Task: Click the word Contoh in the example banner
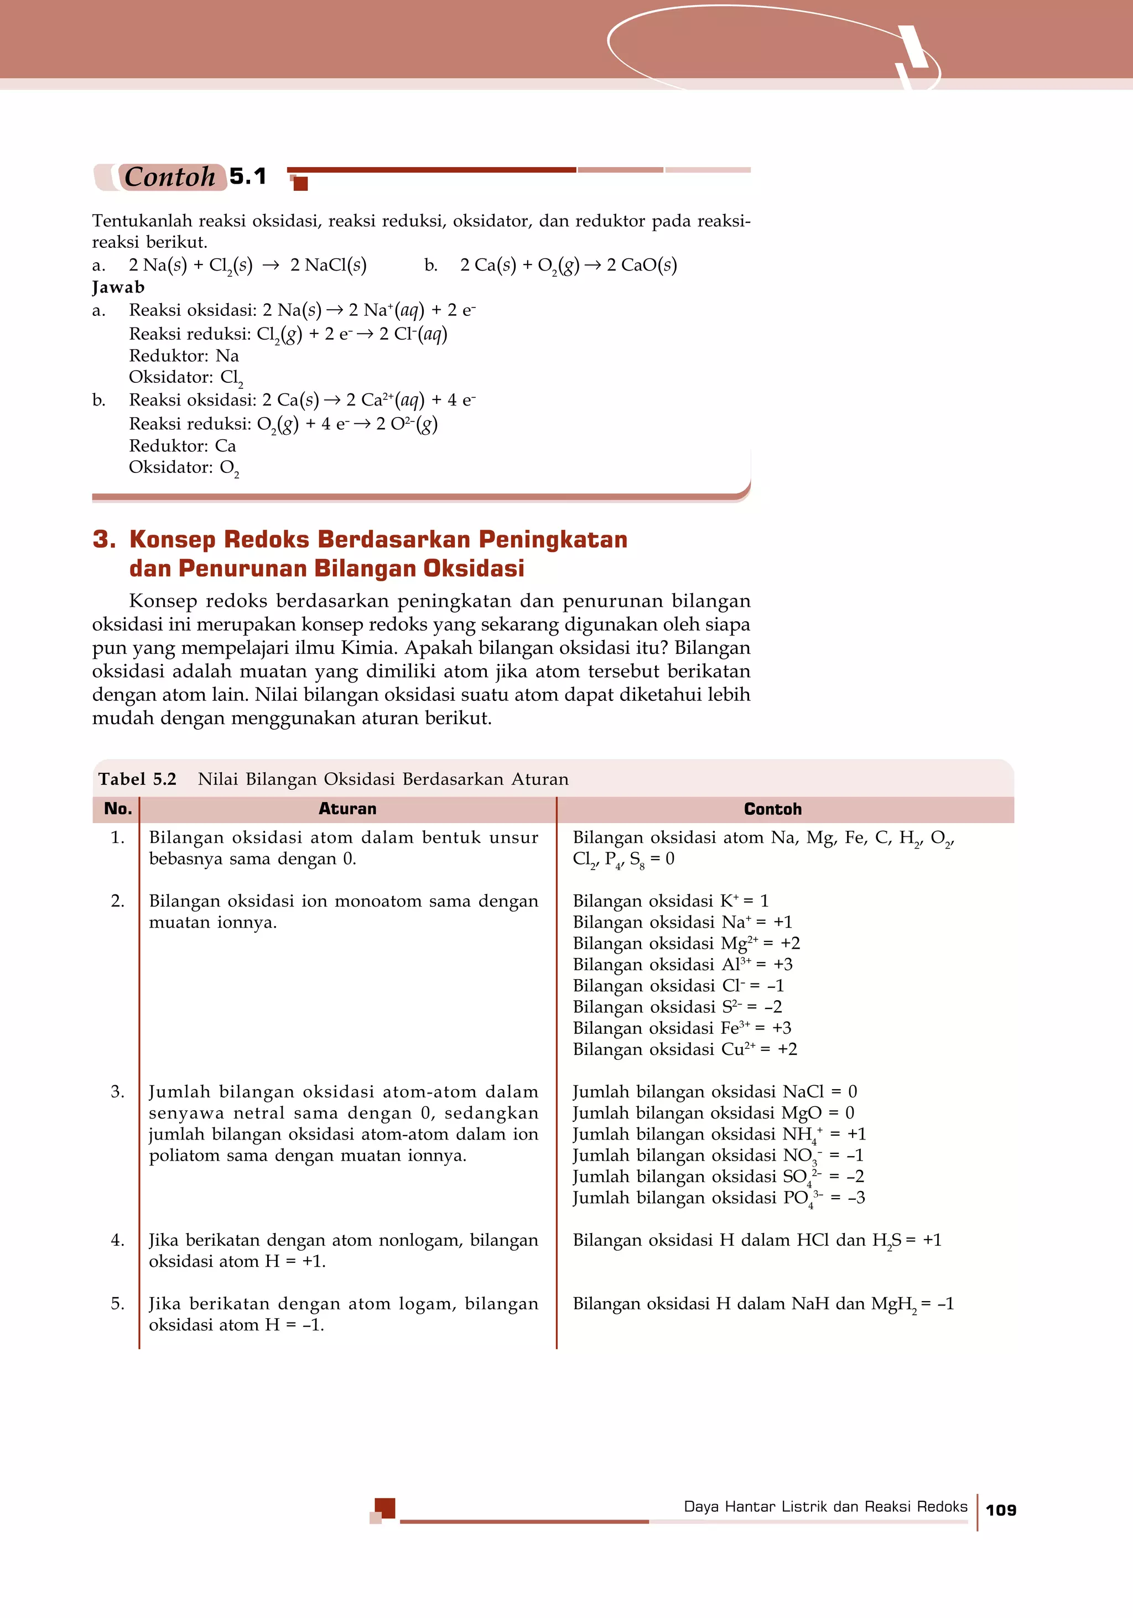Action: click(x=170, y=177)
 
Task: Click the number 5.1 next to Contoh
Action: click(x=248, y=176)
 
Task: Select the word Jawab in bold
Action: click(x=118, y=287)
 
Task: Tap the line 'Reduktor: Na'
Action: click(x=184, y=355)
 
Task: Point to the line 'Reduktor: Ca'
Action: click(x=183, y=445)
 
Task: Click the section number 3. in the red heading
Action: click(x=104, y=539)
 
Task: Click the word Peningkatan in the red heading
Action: click(x=553, y=539)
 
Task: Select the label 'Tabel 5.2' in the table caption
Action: click(x=137, y=779)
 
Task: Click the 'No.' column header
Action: click(x=118, y=809)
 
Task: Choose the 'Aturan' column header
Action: click(x=347, y=809)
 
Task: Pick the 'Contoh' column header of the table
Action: click(x=772, y=809)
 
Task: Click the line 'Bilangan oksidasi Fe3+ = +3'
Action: click(x=682, y=1028)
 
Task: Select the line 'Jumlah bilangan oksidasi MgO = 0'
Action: click(x=713, y=1113)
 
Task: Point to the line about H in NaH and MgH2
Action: click(x=762, y=1304)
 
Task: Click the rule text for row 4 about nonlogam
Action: click(x=343, y=1250)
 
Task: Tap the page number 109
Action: click(x=1001, y=1510)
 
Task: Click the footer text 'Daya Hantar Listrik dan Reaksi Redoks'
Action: click(x=825, y=1507)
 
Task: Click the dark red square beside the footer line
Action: click(x=384, y=1508)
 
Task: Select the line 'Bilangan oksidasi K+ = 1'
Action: click(x=670, y=901)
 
